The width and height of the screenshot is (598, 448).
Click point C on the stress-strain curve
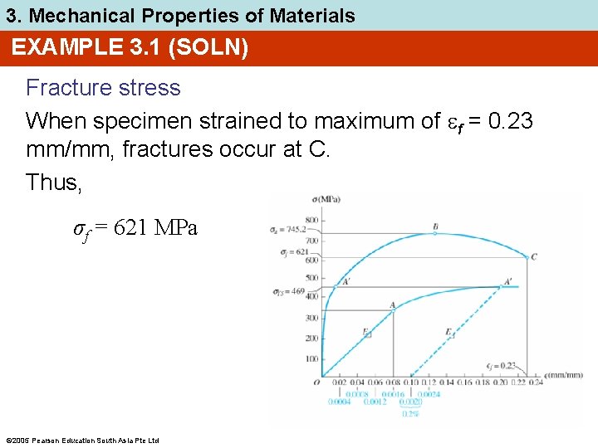click(533, 257)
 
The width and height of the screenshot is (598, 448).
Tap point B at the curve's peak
click(435, 227)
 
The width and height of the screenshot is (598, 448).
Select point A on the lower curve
click(392, 305)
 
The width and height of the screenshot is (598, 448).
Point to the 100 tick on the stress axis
click(312, 358)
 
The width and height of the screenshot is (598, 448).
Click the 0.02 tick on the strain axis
click(341, 382)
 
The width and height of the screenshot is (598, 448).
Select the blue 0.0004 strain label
click(339, 402)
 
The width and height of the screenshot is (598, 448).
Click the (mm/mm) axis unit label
click(566, 375)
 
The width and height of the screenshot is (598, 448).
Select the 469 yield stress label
click(295, 291)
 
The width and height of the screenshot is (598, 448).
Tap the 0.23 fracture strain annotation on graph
click(502, 366)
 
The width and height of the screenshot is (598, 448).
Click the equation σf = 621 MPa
click(135, 229)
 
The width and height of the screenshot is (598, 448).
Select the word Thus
click(54, 182)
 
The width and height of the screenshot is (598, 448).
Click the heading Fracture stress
click(103, 88)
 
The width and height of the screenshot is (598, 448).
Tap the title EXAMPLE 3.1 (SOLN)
click(130, 48)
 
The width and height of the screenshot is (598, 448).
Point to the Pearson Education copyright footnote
click(81, 440)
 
